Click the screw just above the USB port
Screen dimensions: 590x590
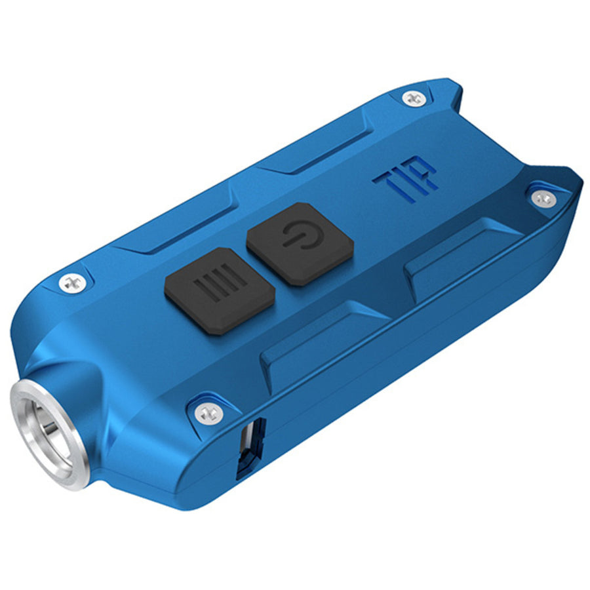click(208, 412)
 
